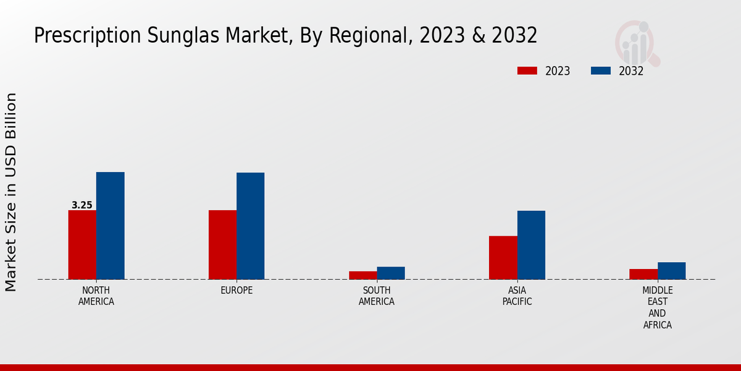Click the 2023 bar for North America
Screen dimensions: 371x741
click(82, 245)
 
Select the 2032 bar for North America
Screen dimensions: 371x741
click(110, 226)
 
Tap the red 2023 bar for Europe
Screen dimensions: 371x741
click(222, 245)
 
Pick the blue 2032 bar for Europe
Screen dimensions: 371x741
click(250, 226)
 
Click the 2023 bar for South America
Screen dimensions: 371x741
click(362, 275)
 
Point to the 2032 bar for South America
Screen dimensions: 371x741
click(391, 273)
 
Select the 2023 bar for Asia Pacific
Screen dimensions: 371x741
click(503, 257)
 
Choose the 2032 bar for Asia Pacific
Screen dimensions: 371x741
click(531, 245)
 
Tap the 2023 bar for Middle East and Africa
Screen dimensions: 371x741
click(643, 274)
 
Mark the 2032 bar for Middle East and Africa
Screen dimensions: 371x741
click(671, 271)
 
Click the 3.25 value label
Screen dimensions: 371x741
click(82, 205)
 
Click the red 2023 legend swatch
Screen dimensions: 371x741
click(527, 71)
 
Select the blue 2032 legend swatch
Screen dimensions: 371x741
click(601, 71)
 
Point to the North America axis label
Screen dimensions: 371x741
click(96, 296)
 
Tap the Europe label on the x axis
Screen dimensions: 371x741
click(237, 291)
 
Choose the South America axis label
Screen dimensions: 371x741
click(377, 296)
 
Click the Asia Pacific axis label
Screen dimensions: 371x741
click(517, 296)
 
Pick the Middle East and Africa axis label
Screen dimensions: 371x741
click(657, 307)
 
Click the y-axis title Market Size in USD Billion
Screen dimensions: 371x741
click(11, 192)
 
